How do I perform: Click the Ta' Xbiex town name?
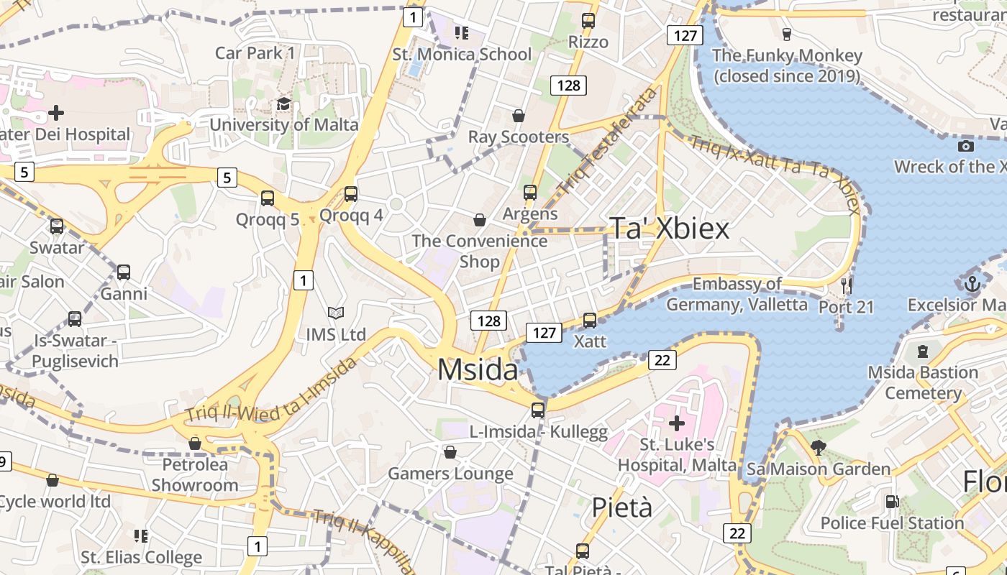tap(670, 228)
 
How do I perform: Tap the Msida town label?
tap(478, 369)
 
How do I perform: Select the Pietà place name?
tap(622, 507)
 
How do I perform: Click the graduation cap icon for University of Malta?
tap(283, 104)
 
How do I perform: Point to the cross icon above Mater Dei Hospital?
tap(56, 113)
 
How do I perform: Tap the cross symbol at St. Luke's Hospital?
tap(676, 423)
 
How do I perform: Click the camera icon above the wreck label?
tap(966, 146)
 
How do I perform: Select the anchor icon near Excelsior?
tap(972, 284)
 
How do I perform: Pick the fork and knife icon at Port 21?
tap(846, 286)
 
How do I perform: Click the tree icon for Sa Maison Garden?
tap(818, 448)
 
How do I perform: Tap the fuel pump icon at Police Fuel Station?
tap(892, 502)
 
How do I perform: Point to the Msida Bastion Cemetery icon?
tap(923, 351)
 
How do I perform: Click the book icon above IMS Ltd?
tap(335, 313)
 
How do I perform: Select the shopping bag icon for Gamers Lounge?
tap(450, 452)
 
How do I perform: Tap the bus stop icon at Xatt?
tap(590, 320)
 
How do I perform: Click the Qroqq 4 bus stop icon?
tap(351, 193)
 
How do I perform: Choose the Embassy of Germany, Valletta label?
tap(737, 294)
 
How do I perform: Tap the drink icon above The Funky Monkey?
tap(786, 34)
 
